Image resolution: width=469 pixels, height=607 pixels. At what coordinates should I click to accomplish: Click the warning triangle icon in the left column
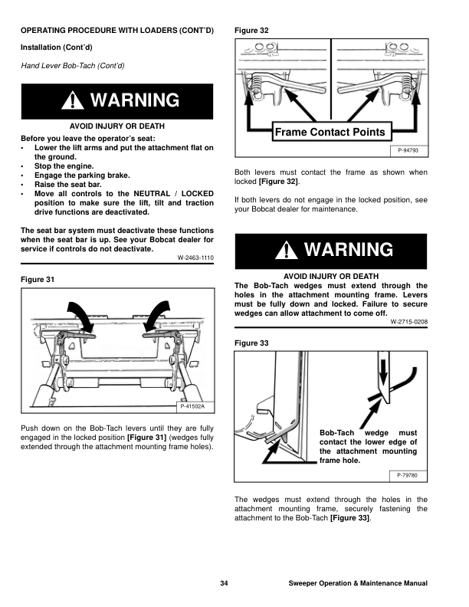click(x=75, y=101)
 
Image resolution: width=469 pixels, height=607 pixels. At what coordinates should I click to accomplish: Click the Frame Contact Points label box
click(x=330, y=132)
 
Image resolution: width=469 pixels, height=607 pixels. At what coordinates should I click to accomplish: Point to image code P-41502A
click(x=196, y=406)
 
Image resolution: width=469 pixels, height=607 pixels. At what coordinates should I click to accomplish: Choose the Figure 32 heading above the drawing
click(x=251, y=31)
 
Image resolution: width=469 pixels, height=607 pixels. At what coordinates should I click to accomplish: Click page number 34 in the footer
click(x=224, y=584)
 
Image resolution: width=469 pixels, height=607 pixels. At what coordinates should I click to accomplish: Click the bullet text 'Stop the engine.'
click(x=65, y=166)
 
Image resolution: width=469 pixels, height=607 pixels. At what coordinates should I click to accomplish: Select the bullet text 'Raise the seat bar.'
click(x=69, y=185)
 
